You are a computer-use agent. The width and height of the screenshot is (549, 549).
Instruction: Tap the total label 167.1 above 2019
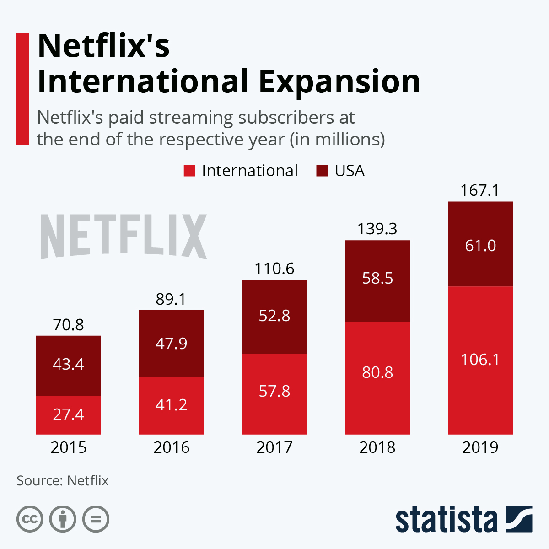[479, 190]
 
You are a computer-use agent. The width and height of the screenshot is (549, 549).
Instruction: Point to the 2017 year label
[274, 447]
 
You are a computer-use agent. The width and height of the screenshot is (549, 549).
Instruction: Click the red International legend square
[189, 171]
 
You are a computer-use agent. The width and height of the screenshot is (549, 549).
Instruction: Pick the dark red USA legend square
[322, 171]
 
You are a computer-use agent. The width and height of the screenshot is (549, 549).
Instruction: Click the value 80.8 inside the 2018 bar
[377, 372]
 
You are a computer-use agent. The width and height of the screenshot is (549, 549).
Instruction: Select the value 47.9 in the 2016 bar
[171, 343]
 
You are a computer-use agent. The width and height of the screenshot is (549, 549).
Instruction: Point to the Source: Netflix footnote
[63, 481]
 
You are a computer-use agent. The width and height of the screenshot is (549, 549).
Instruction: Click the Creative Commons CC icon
[30, 519]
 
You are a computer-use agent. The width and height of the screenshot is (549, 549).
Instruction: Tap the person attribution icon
[63, 519]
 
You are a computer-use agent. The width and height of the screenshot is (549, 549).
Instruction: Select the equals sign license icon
[96, 519]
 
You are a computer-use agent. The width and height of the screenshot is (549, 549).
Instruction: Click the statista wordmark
[446, 519]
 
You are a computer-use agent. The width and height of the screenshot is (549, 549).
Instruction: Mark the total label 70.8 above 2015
[68, 325]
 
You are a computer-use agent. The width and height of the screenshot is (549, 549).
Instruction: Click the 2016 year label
[171, 447]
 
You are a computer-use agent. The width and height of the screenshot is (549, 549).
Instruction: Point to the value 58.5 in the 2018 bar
[377, 278]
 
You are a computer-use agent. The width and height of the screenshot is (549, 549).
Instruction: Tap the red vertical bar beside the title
[22, 89]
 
